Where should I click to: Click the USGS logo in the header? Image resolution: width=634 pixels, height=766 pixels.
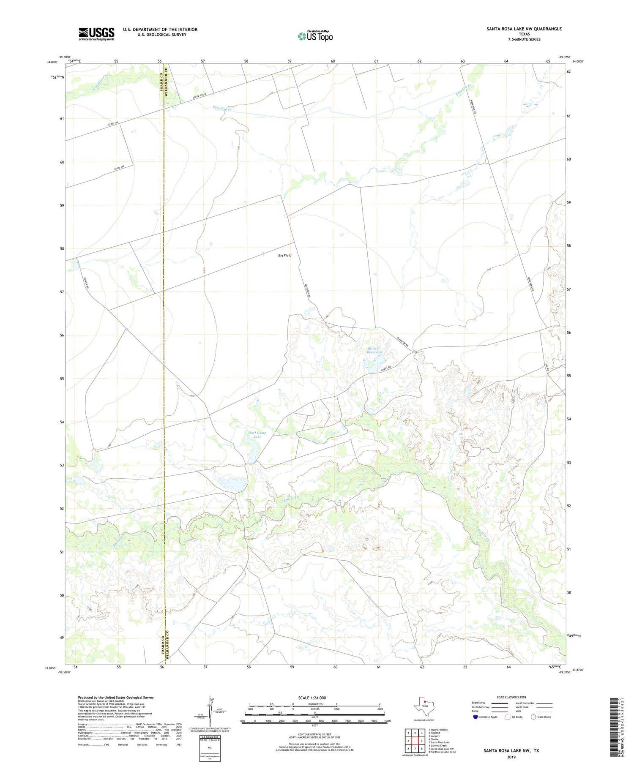coord(96,34)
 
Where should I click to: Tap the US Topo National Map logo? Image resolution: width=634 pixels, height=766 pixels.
coord(315,36)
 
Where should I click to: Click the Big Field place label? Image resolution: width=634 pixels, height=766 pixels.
coord(284,256)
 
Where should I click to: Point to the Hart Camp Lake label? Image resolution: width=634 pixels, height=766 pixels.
coord(257,434)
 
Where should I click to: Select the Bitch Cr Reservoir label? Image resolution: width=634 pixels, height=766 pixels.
coord(374,350)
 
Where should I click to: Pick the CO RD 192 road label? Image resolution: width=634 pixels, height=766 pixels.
coord(119,169)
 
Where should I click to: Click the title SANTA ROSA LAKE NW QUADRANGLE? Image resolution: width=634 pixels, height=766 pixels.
coord(524,29)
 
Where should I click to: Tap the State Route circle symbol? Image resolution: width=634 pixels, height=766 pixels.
coord(533,717)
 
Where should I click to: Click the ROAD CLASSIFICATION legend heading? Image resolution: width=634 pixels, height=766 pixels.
coord(511,697)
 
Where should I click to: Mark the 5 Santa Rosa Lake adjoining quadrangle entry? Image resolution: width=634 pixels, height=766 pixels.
coord(439,742)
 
